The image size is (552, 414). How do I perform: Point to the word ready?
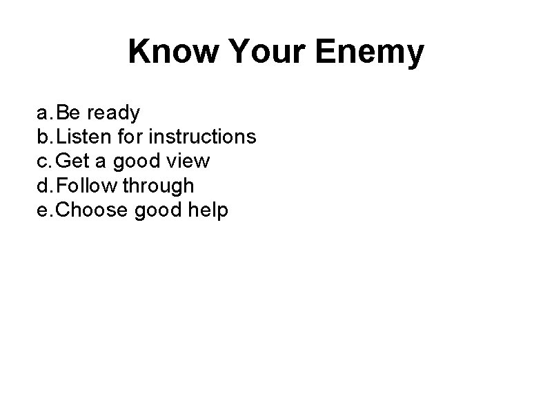pos(112,112)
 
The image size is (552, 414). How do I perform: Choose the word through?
pos(158,186)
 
